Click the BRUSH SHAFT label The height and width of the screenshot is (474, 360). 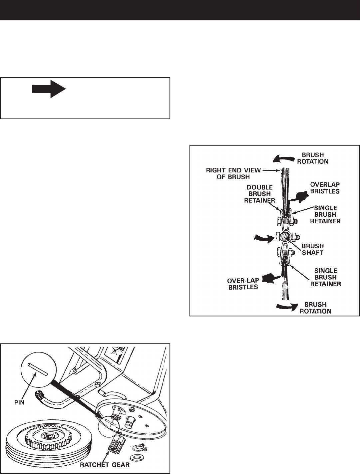312,249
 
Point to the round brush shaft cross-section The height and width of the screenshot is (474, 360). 284,237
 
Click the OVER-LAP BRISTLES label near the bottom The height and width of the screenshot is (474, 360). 243,284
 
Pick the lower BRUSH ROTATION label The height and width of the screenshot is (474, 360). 315,308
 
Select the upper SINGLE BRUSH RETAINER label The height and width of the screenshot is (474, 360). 325,214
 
